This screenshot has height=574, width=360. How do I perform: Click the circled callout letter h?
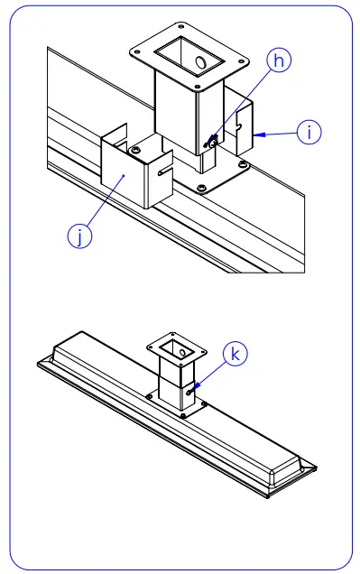pyautogui.click(x=280, y=61)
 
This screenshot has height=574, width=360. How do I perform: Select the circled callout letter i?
pyautogui.click(x=309, y=132)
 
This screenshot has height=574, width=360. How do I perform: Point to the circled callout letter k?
pyautogui.click(x=235, y=355)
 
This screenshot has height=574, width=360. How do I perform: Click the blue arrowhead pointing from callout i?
pyautogui.click(x=258, y=134)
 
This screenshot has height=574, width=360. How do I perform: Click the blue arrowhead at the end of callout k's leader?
pyautogui.click(x=195, y=386)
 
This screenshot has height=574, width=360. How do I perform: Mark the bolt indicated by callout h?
pyautogui.click(x=212, y=140)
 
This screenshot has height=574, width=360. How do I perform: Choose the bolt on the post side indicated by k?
pyautogui.click(x=189, y=390)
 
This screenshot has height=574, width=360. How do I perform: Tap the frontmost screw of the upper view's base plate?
pyautogui.click(x=200, y=188)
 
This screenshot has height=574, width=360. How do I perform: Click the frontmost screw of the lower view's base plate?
pyautogui.click(x=182, y=416)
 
